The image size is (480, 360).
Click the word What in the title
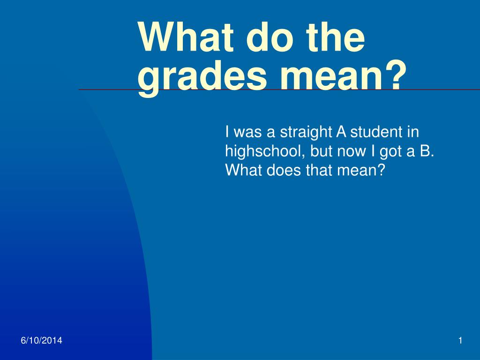pos(186,37)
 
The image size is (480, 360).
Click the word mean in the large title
pos(331,79)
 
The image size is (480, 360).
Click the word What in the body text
pos(244,170)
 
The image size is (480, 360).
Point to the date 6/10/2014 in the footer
pos(41,340)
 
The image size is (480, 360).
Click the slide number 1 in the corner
pos(460,340)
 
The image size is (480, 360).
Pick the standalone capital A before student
pos(341,132)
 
